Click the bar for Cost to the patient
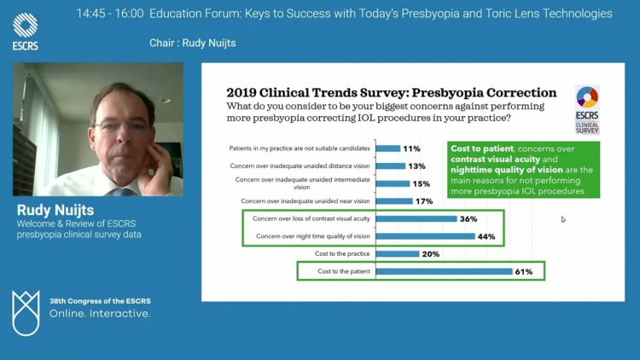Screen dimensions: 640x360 pos(444,271)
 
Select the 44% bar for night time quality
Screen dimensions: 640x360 pos(426,236)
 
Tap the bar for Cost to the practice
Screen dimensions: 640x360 pos(398,254)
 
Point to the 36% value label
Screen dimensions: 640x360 pos(468,218)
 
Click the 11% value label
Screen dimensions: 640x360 pos(412,148)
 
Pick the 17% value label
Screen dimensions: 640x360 pos(424,201)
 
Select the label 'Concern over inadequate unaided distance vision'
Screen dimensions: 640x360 pos(300,165)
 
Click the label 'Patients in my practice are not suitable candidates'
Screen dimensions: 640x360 pos(300,148)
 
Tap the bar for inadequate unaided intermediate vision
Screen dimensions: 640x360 pos(393,183)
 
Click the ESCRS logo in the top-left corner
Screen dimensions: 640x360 pos(26,32)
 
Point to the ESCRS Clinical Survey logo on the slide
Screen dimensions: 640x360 pos(587,110)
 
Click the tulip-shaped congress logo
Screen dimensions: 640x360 pos(26,313)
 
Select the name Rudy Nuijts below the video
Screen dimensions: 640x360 pos(55,210)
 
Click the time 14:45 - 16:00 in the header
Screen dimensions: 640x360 pos(110,14)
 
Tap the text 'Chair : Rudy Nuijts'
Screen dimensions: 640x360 pos(193,43)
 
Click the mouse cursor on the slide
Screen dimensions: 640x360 pos(563,219)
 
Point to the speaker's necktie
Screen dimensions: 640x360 pos(122,192)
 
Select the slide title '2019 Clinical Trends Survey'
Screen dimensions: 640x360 pos(317,93)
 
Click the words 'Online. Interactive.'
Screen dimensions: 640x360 pos(100,313)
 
